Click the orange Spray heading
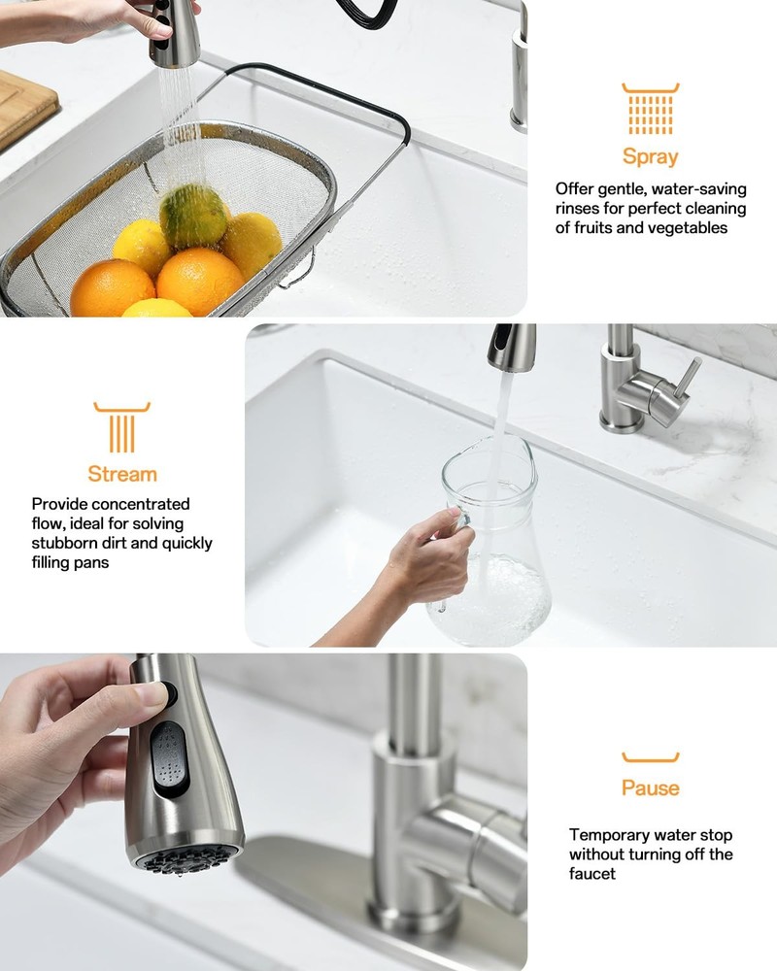tap(650, 156)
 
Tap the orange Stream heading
tap(121, 474)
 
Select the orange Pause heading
tap(650, 787)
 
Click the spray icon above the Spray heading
tap(650, 109)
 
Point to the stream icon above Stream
tap(121, 427)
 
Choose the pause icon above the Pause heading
tap(650, 757)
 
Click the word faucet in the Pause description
tap(592, 874)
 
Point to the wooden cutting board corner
tap(24, 107)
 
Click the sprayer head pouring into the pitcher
tap(511, 347)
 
